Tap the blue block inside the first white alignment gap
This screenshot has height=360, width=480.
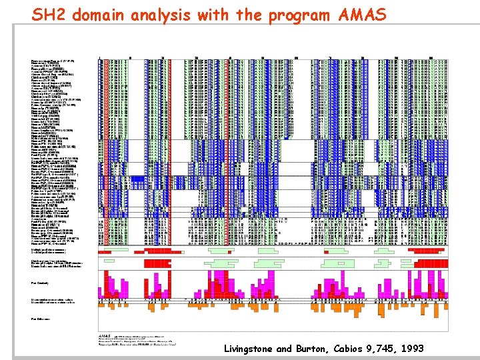coord(137,179)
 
